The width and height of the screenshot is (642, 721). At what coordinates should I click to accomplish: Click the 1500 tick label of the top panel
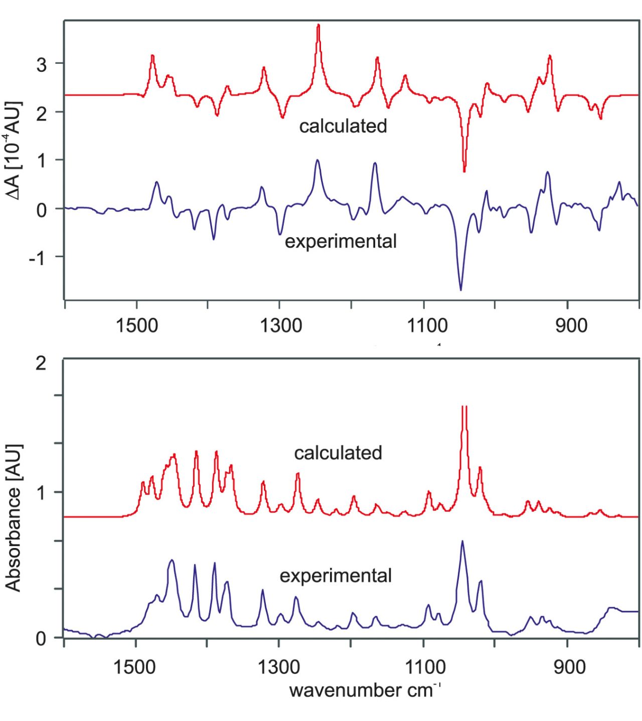[136, 325]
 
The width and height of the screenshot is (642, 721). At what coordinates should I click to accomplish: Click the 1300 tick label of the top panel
[280, 325]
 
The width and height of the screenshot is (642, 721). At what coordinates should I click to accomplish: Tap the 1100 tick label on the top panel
[427, 325]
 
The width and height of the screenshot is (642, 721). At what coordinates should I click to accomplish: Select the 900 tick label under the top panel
[571, 325]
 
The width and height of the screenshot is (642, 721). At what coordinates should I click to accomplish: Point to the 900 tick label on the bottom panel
[570, 667]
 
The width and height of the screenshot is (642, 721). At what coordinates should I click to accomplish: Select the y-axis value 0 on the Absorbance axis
[41, 639]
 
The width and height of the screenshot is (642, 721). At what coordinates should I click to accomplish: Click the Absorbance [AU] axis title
[14, 517]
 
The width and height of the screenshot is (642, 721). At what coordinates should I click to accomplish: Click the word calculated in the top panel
[343, 126]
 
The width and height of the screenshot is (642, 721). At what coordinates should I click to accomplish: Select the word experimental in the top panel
[341, 241]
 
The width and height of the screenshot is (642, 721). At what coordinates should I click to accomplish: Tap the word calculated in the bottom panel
[338, 453]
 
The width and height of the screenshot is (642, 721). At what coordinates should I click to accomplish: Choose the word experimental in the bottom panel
[336, 576]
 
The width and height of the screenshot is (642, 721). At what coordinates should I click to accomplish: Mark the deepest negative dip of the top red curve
[464, 171]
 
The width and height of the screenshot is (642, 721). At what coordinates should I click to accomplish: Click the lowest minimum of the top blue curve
[460, 290]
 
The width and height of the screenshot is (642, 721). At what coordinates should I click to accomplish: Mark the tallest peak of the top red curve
[318, 25]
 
